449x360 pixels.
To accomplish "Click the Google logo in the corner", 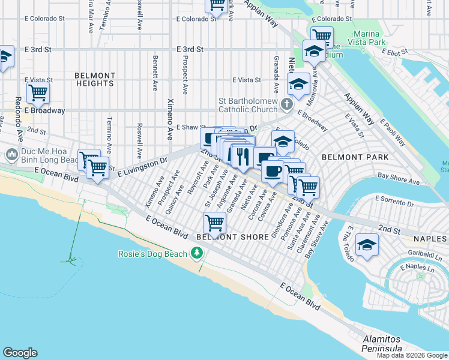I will pos(20,353).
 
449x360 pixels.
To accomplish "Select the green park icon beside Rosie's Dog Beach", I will pos(196,254).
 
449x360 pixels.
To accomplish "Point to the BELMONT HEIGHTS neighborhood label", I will pos(95,80).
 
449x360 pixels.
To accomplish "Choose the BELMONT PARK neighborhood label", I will pos(355,157).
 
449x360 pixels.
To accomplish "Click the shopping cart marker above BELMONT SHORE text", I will pos(214,223).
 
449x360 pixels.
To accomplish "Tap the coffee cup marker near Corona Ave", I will pos(273,171).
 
